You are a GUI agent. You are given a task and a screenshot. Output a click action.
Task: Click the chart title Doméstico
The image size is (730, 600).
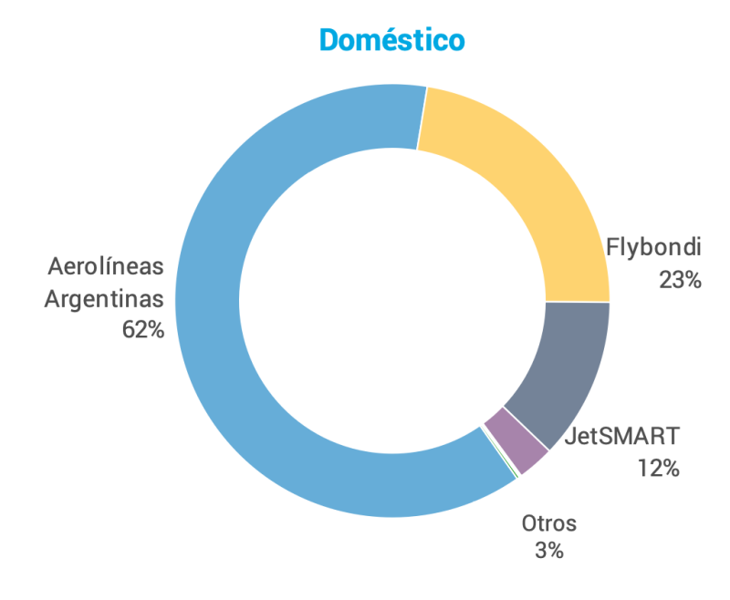[391, 40]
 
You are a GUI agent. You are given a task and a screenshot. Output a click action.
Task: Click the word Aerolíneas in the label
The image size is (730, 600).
[106, 266]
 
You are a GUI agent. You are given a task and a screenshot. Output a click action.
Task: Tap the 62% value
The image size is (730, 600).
[142, 330]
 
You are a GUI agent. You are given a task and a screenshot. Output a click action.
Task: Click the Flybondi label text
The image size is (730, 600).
[653, 248]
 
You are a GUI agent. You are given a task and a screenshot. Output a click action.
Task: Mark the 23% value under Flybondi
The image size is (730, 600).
[680, 280]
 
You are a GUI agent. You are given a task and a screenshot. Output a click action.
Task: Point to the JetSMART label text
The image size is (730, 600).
[622, 436]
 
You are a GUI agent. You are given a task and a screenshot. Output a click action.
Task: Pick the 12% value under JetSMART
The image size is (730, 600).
[659, 469]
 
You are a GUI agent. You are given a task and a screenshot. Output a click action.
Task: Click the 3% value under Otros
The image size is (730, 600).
[549, 551]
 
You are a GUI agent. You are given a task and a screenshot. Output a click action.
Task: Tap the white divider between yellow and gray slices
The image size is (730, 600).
[577, 302]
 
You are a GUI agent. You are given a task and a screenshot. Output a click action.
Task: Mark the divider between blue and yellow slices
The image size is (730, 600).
[422, 118]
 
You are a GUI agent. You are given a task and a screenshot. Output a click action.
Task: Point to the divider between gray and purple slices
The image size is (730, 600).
[527, 427]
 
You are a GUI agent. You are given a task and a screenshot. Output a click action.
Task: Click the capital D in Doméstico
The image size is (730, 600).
[332, 40]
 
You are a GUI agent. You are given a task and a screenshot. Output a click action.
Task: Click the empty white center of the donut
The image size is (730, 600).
[392, 301]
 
